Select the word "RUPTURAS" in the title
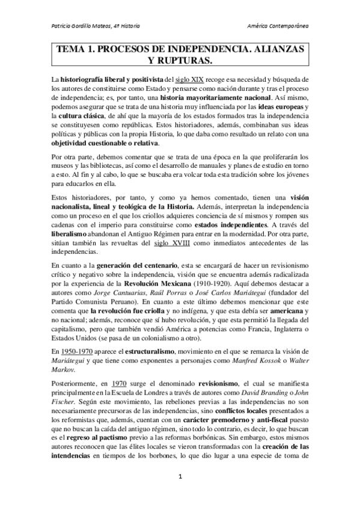click(186, 61)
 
